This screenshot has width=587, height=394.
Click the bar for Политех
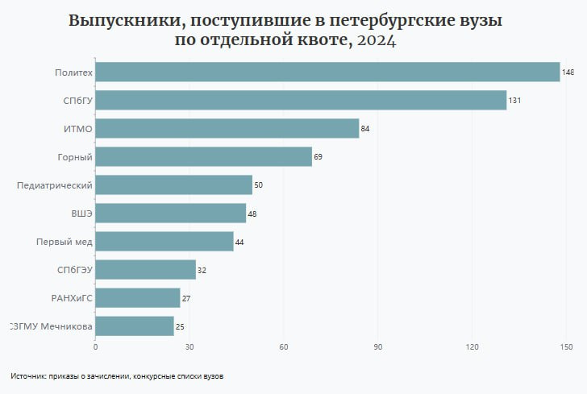[327, 73]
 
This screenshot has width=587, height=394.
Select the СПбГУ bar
[301, 101]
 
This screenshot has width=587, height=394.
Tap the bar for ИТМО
[227, 129]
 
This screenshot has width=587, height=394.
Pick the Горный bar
[203, 156]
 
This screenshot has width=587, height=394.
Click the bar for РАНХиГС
[137, 298]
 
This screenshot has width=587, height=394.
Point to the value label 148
[568, 73]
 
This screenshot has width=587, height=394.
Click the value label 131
[514, 101]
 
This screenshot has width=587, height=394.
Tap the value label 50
[259, 185]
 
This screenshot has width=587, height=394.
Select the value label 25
[180, 326]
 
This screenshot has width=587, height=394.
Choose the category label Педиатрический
[55, 185]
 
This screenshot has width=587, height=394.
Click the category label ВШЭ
[81, 214]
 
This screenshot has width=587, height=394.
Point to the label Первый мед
[65, 242]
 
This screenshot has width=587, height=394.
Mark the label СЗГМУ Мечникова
[50, 326]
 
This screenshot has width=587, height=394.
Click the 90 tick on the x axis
[378, 347]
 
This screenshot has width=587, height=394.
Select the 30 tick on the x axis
[189, 347]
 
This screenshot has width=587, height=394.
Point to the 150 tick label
[566, 347]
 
